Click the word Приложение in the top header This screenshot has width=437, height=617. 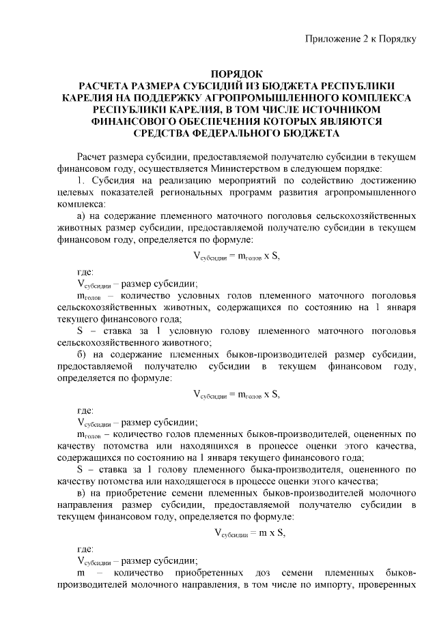click(330, 37)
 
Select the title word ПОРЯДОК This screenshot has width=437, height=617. click(236, 73)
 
